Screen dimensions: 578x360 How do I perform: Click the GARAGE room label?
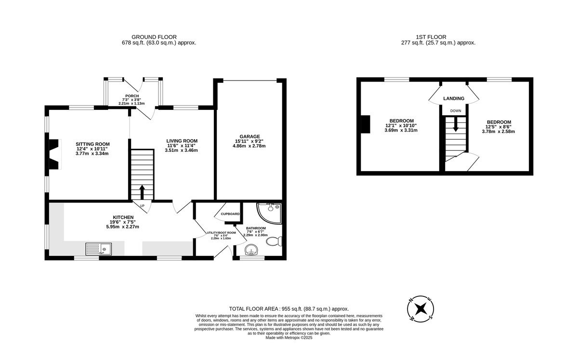click(x=250, y=136)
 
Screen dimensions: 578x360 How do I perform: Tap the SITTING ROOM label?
click(x=92, y=144)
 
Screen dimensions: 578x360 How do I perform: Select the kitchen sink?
click(x=99, y=249)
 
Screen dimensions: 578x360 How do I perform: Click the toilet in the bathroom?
click(x=274, y=241)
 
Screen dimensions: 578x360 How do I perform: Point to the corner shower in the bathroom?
click(x=269, y=213)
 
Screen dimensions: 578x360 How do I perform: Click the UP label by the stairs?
click(x=142, y=206)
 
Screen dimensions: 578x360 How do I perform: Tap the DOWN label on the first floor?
click(x=456, y=111)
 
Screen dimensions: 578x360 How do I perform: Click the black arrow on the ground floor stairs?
click(x=142, y=192)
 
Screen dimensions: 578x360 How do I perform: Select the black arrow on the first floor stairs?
click(x=456, y=124)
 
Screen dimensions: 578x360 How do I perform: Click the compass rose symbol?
click(x=420, y=309)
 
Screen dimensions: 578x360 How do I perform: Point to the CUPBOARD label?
click(x=230, y=214)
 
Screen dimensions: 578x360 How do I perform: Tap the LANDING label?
click(x=454, y=98)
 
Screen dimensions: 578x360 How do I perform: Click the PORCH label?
click(x=132, y=96)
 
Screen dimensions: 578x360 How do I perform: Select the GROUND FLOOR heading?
click(x=154, y=37)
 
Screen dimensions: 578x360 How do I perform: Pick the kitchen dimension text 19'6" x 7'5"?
click(x=123, y=222)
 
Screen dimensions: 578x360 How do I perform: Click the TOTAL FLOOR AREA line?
click(x=289, y=309)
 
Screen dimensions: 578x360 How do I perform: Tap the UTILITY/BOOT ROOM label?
click(x=221, y=233)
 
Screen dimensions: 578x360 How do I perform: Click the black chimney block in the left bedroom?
click(x=365, y=124)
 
